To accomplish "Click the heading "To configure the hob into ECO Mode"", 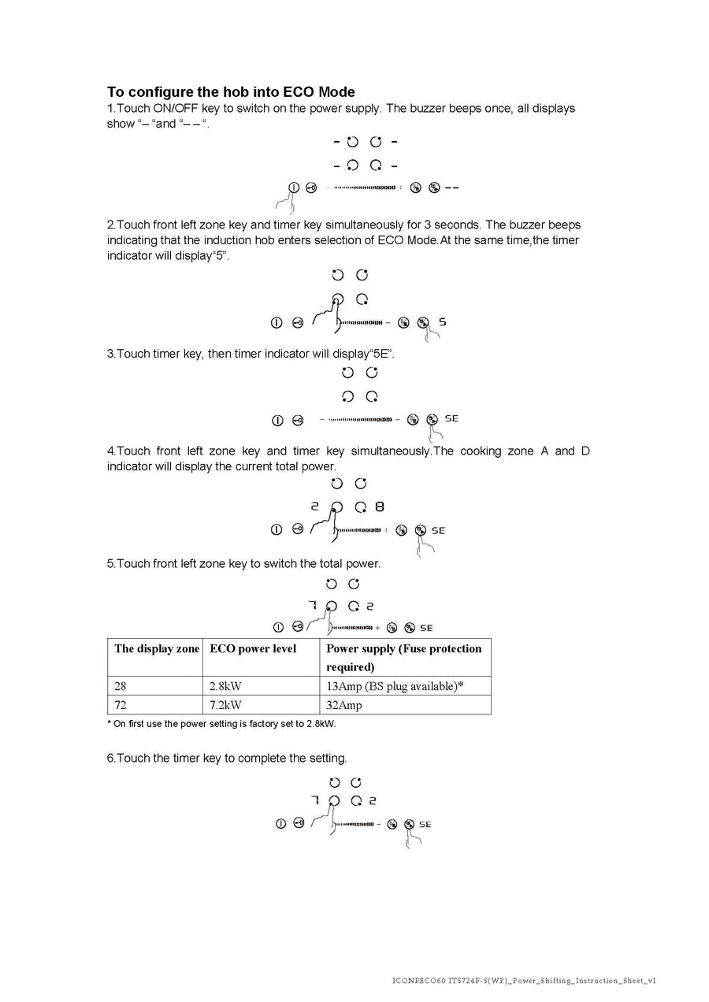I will [231, 92].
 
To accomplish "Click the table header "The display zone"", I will [157, 649].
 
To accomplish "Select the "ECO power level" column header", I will [253, 649].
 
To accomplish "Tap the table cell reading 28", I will [121, 686].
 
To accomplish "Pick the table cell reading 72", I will [121, 705].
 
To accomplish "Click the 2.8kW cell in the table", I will [225, 686].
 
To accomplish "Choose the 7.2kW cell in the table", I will [225, 705].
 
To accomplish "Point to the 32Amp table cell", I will [344, 705].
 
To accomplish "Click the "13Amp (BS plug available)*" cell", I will [395, 686].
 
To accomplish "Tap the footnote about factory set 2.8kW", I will [221, 724].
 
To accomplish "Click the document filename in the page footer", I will [523, 981].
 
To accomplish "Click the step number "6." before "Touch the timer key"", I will [111, 759].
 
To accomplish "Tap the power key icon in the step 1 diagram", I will [293, 187].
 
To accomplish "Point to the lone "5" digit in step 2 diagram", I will [443, 321].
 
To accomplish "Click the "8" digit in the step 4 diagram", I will [380, 507].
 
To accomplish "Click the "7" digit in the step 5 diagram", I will [312, 605].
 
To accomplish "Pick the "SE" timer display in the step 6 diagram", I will [425, 824].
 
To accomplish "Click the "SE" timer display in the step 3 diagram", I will [451, 419].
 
